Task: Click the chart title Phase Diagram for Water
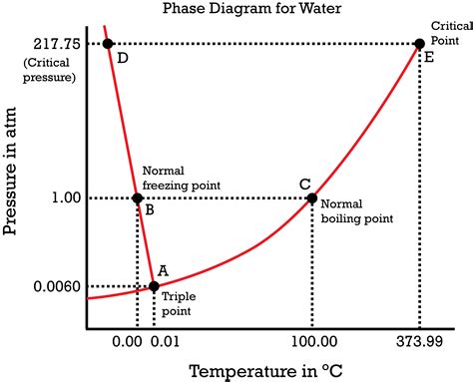coord(251,8)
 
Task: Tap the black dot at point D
coord(108,44)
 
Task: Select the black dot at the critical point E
coord(420,44)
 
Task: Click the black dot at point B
coord(138,198)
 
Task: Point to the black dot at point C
coord(312,198)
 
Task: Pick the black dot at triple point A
coord(154,286)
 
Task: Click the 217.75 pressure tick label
coord(57,44)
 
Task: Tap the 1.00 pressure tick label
coord(66,197)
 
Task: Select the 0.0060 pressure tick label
coord(57,286)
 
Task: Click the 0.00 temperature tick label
coord(127,342)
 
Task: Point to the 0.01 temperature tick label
coord(165,342)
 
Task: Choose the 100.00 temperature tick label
coord(314,341)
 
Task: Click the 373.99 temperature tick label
coord(419,341)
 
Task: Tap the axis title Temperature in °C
coord(265,371)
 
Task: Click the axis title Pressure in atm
coord(9,171)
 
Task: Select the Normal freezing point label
coord(182,179)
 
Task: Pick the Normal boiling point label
coord(357,211)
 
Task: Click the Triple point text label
coord(179,304)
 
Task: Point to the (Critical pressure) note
coord(49,70)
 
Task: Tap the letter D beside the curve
coord(123,59)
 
